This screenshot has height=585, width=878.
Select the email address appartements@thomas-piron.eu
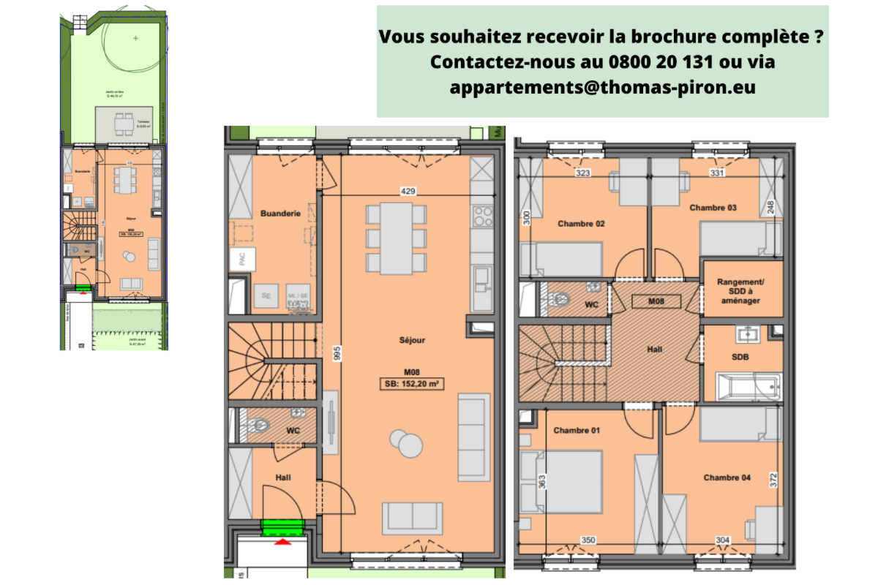pyautogui.click(x=603, y=87)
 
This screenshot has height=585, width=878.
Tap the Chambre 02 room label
pyautogui.click(x=581, y=224)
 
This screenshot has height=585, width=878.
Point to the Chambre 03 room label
pyautogui.click(x=713, y=208)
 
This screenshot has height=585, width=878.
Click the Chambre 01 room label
pyautogui.click(x=577, y=431)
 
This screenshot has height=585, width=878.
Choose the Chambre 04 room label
pyautogui.click(x=727, y=478)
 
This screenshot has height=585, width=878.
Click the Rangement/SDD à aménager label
pyautogui.click(x=740, y=291)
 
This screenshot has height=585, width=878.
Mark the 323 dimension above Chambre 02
pyautogui.click(x=583, y=173)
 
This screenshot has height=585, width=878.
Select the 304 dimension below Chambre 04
pyautogui.click(x=722, y=540)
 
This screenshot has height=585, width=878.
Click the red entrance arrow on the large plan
pyautogui.click(x=282, y=541)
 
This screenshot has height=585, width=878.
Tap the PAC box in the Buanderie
pyautogui.click(x=239, y=258)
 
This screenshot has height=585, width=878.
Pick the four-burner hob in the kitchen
pyautogui.click(x=483, y=217)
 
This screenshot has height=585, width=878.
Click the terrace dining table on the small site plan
pyautogui.click(x=124, y=122)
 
